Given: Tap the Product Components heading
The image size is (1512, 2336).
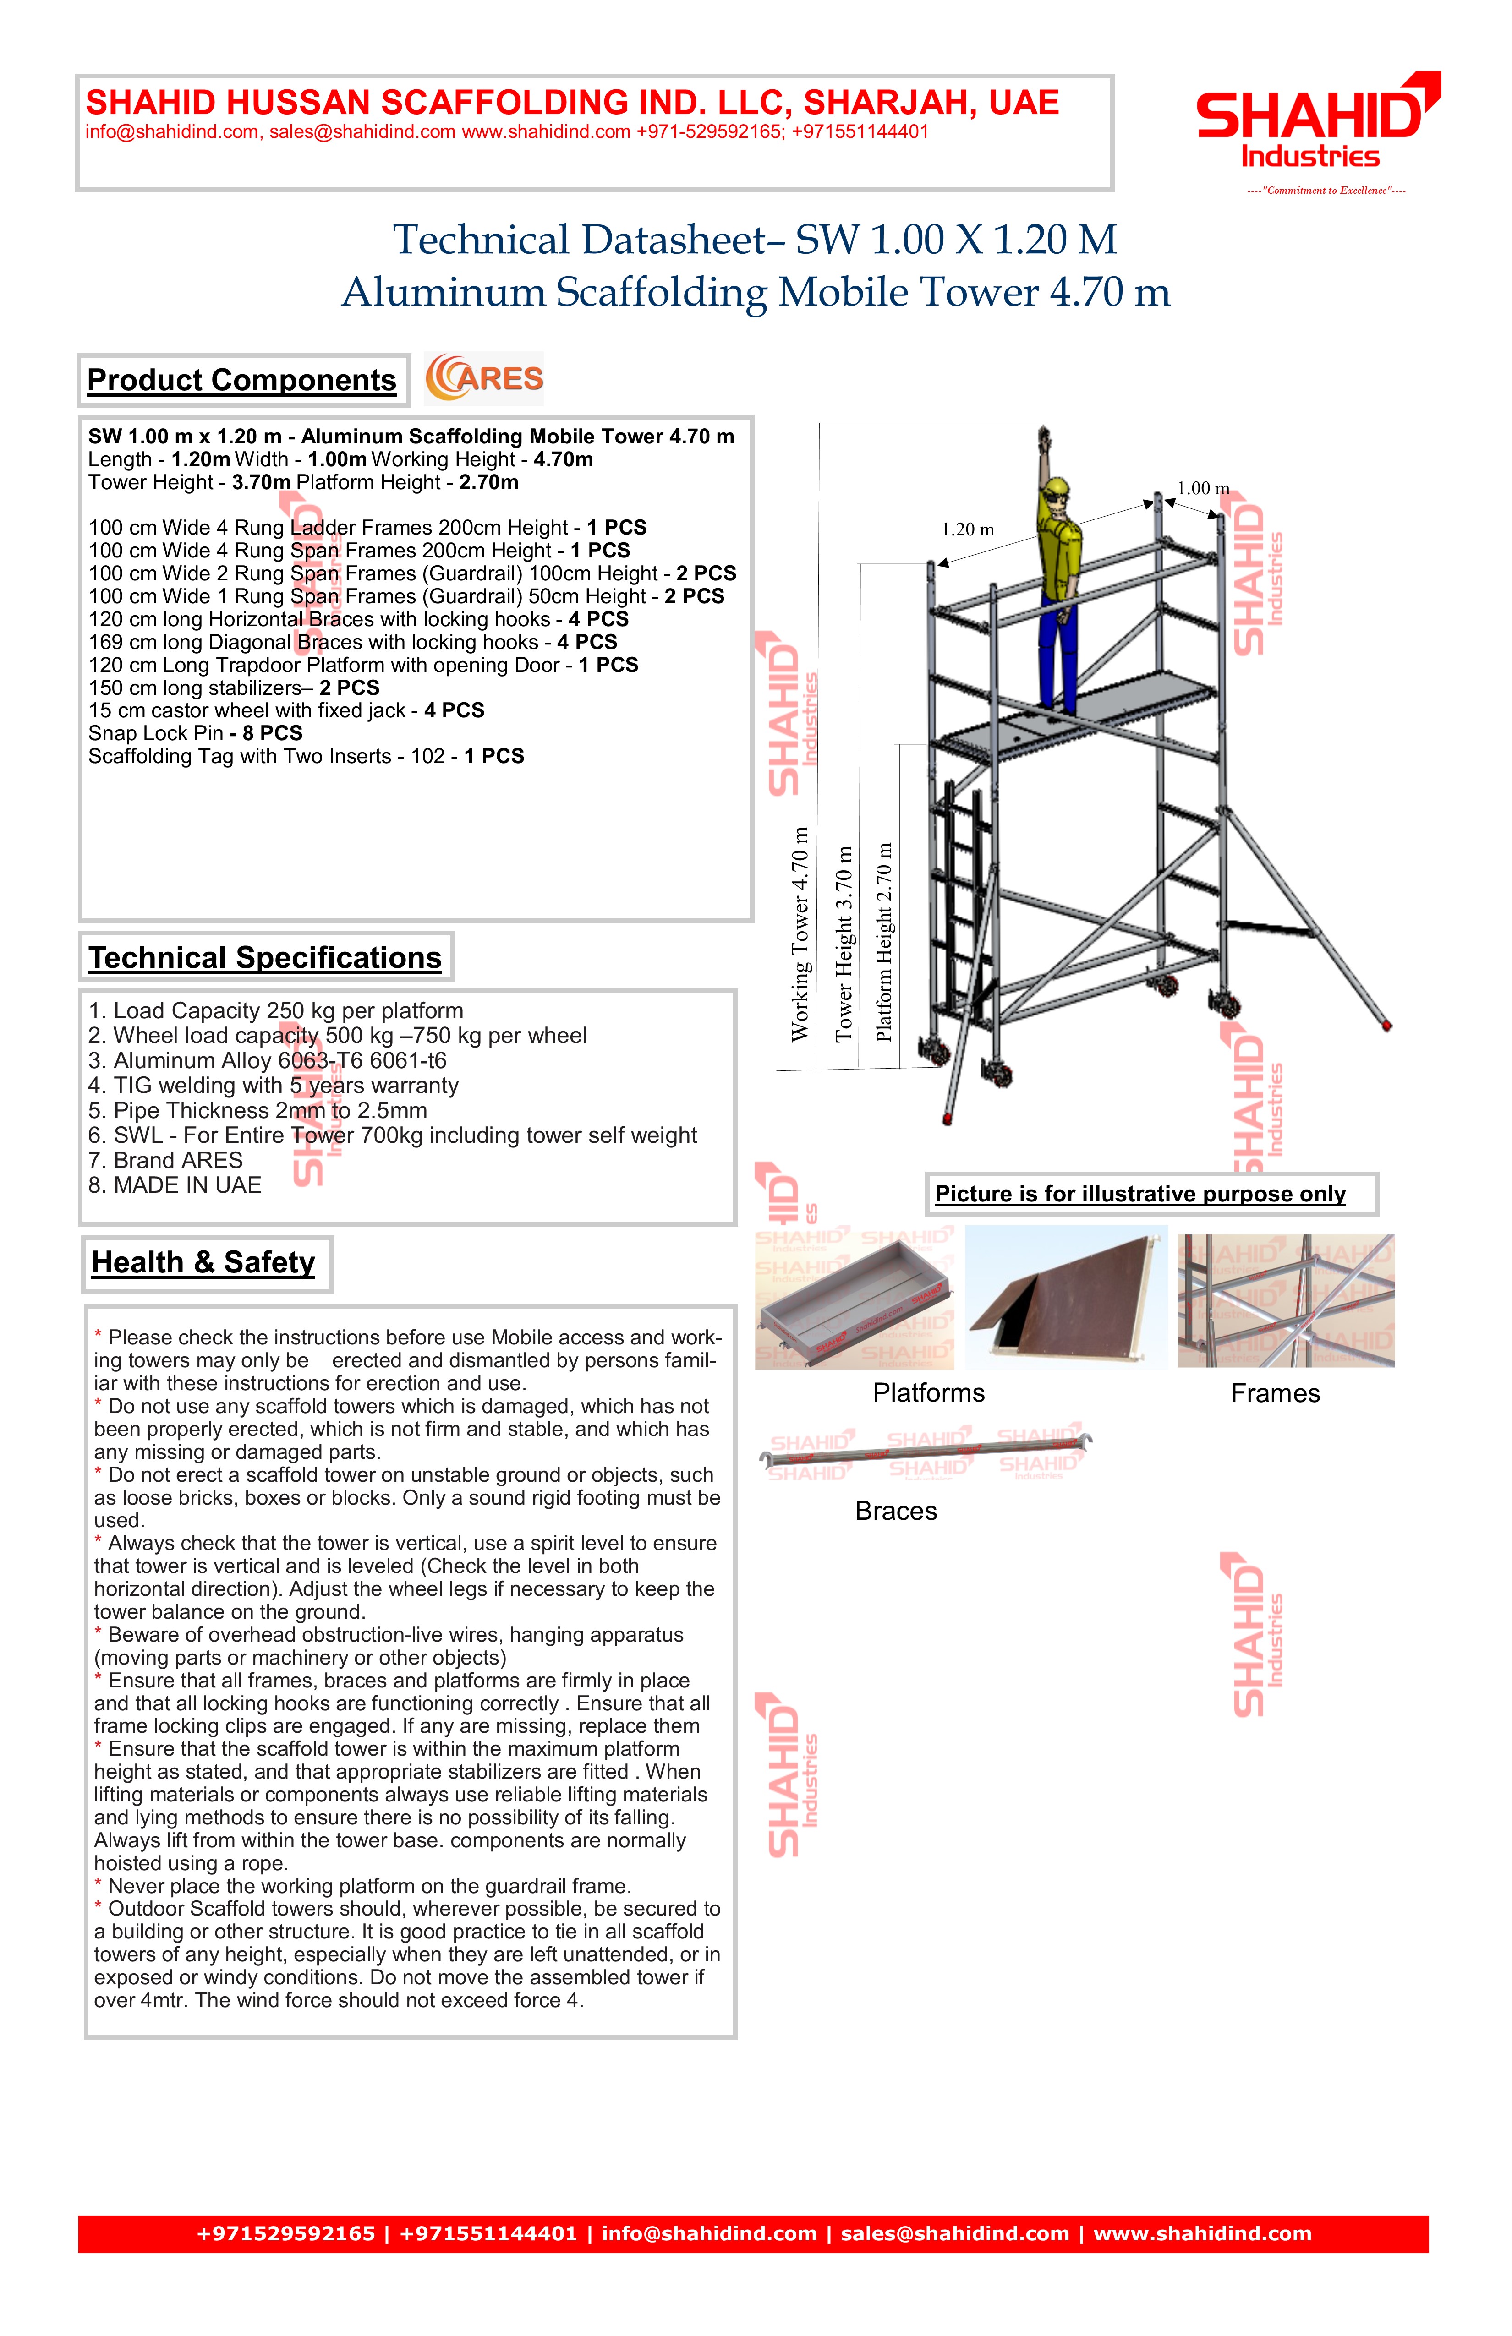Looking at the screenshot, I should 241,380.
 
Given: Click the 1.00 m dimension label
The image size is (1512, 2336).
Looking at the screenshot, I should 1203,489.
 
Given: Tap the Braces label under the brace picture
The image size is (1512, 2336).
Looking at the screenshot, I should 895,1512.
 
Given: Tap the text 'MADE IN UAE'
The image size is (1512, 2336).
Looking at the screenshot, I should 175,1186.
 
